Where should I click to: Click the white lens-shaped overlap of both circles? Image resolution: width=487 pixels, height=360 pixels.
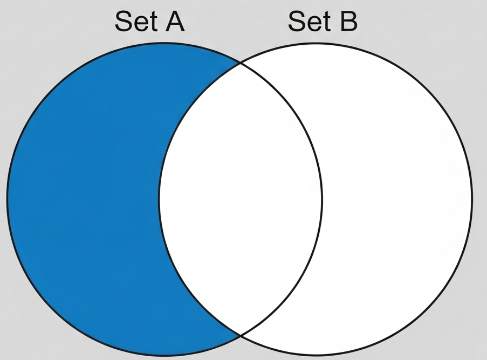click(240, 199)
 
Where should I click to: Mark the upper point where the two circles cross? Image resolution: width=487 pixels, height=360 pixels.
click(240, 63)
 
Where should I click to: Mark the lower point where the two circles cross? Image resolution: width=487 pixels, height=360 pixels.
click(240, 335)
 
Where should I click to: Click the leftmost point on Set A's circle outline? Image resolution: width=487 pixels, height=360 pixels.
click(7, 199)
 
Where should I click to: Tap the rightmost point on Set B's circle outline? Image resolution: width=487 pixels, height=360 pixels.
click(472, 199)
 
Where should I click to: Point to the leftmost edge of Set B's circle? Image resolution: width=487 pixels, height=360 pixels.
click(159, 199)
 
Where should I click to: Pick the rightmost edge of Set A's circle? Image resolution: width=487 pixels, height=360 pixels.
click(322, 199)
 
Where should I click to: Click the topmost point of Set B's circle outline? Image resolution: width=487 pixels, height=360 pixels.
click(315, 43)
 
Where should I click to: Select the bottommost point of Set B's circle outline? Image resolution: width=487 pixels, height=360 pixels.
click(315, 356)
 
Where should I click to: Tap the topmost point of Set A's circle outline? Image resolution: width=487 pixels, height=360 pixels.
click(164, 43)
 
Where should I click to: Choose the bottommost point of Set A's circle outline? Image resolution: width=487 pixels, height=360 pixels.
click(164, 356)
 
